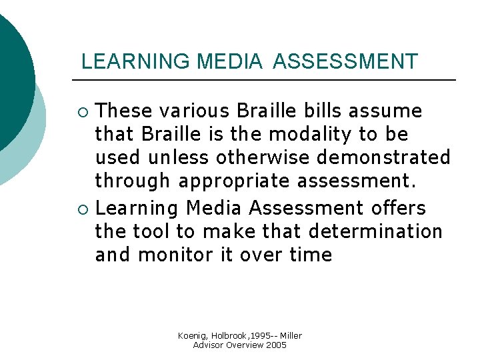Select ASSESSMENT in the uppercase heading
click(x=345, y=61)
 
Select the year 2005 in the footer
click(x=277, y=345)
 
